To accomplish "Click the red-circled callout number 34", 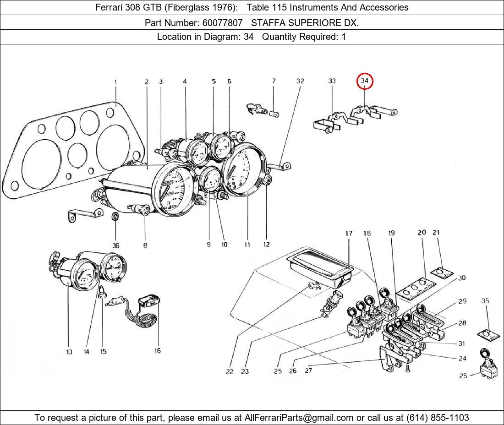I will (365, 81).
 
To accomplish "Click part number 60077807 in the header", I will (221, 22).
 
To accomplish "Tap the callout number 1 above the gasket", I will (115, 82).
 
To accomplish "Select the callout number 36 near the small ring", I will (116, 245).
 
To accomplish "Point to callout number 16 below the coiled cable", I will (157, 351).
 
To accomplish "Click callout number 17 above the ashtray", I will (349, 234).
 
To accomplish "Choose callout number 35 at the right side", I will (485, 301).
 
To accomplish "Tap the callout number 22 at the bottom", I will (230, 371).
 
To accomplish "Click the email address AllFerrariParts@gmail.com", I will (299, 417).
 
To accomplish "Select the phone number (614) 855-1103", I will (438, 417).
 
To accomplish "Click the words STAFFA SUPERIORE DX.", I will (305, 22).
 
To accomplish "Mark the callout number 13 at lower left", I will (69, 352).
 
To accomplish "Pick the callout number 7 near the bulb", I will (274, 81).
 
